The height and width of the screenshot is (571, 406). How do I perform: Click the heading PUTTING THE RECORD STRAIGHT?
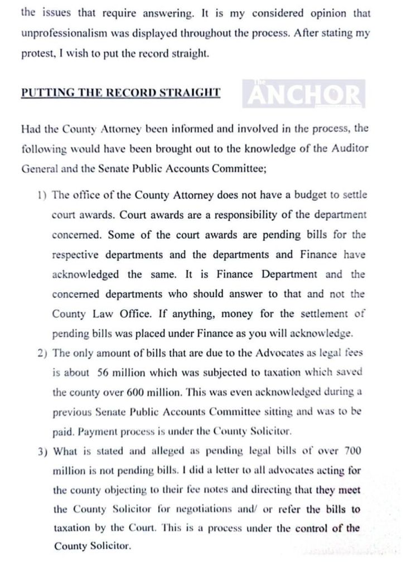120,93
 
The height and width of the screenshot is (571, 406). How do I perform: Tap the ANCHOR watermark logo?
304,94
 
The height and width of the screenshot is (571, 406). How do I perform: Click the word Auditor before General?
347,148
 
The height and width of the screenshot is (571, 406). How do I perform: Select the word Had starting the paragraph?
31,128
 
